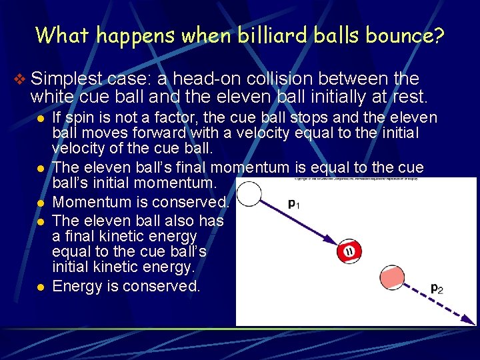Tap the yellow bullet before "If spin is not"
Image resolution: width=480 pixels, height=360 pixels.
click(41, 119)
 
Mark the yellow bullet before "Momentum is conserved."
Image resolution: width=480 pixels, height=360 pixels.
click(41, 203)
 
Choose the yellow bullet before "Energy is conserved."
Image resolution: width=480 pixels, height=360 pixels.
click(41, 287)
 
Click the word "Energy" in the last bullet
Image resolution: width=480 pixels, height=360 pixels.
click(77, 287)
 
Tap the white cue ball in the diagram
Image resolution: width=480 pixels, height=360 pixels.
click(249, 194)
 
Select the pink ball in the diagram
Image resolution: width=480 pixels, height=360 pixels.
click(393, 277)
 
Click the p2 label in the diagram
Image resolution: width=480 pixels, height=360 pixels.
click(437, 289)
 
